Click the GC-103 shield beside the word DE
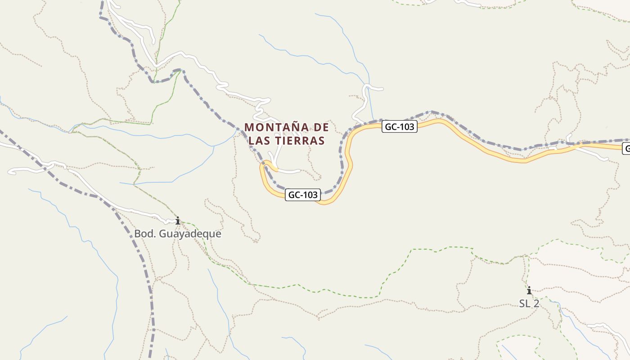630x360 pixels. pyautogui.click(x=400, y=126)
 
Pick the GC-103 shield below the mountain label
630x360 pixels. pyautogui.click(x=303, y=195)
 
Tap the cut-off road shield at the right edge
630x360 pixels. pyautogui.click(x=626, y=148)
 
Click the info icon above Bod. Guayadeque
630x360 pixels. pyautogui.click(x=178, y=220)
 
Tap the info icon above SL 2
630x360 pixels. pyautogui.click(x=529, y=290)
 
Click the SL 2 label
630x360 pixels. pyautogui.click(x=529, y=303)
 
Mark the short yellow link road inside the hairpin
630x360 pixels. pyautogui.click(x=273, y=167)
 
